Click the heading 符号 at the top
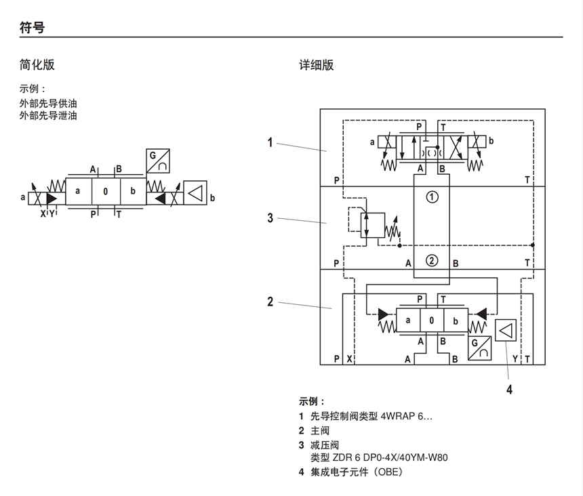click(32, 28)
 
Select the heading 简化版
click(37, 65)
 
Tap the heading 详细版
click(317, 65)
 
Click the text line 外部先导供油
click(48, 104)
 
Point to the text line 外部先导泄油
click(48, 116)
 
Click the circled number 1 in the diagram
click(432, 198)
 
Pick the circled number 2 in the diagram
click(432, 261)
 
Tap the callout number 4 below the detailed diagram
click(509, 389)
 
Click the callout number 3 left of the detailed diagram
click(270, 218)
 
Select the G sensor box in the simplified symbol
click(158, 161)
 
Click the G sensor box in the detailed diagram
click(479, 348)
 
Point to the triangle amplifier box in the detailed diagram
click(506, 331)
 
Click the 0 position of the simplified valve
click(106, 192)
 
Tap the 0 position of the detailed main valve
click(432, 321)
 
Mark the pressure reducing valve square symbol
click(373, 224)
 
